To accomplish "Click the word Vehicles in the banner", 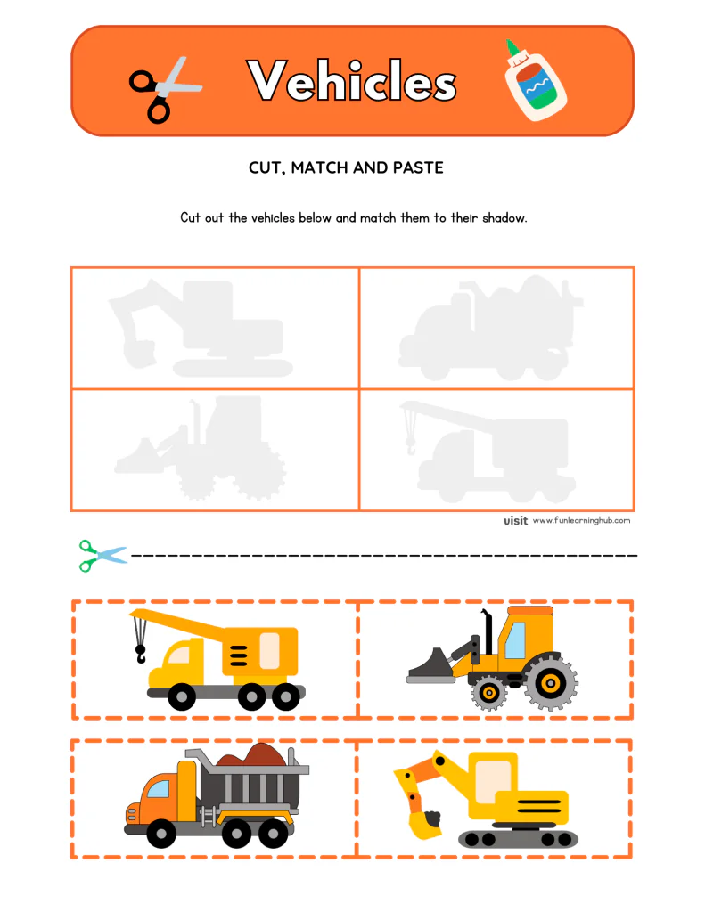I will (x=353, y=82).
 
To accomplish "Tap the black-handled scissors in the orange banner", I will (x=164, y=87).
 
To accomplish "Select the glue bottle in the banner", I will (x=533, y=82).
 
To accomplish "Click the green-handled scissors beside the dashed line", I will (x=102, y=555).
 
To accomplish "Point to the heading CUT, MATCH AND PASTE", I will (x=346, y=167).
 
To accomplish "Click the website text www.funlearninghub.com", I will (x=581, y=521).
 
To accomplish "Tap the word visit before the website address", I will (x=515, y=521).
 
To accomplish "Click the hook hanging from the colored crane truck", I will (x=140, y=655).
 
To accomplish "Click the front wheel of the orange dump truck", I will (x=161, y=834).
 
